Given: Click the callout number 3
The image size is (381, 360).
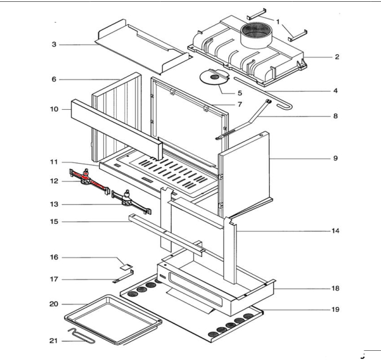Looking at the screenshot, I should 54,45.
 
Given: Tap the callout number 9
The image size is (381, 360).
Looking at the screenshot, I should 335,159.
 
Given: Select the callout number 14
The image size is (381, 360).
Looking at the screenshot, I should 335,231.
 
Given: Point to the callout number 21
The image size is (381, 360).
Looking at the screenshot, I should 54,340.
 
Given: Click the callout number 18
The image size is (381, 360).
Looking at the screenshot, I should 335,288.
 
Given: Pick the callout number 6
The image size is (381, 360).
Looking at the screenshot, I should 54,79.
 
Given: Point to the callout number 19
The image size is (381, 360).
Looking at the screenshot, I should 335,310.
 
